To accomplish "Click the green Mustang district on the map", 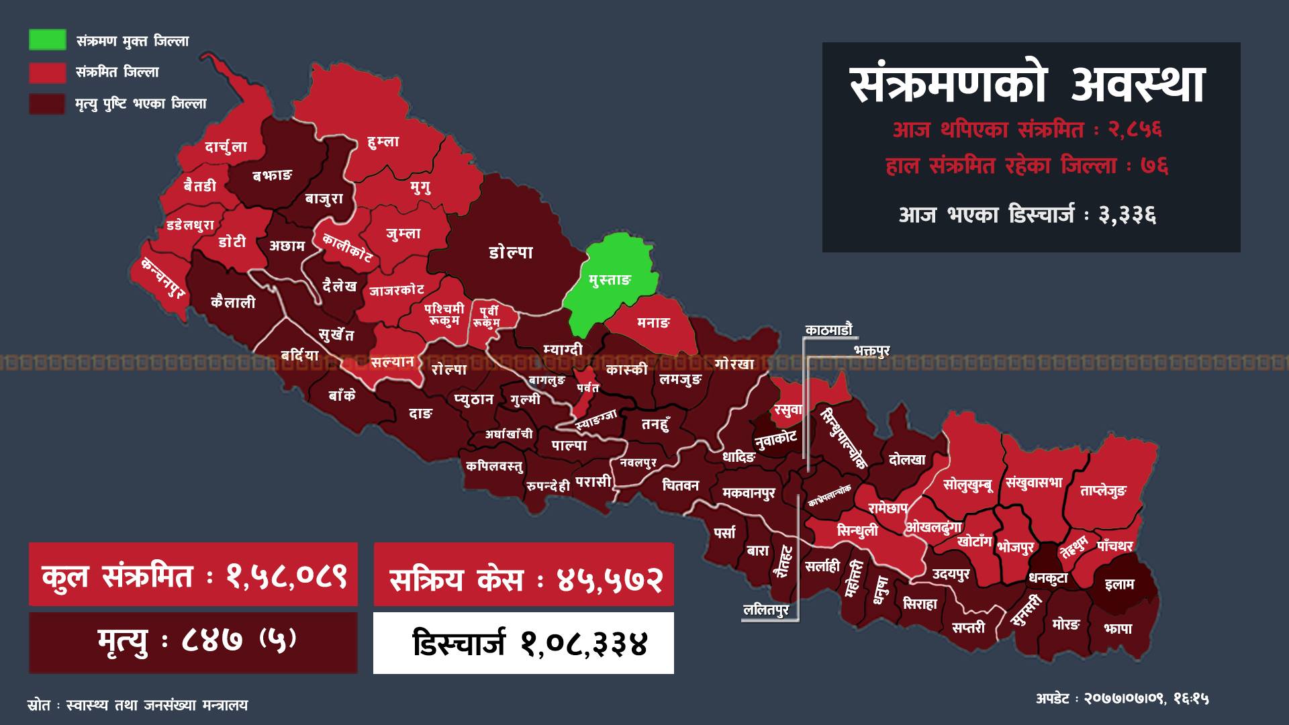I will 608,282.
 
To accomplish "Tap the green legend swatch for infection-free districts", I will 47,40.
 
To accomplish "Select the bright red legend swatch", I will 47,72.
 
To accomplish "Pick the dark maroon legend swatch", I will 47,103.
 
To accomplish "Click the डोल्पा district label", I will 511,252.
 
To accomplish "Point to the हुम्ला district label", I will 383,142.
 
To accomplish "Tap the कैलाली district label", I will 233,302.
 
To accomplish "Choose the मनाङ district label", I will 653,323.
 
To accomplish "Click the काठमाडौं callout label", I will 829,330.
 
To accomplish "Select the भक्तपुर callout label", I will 871,350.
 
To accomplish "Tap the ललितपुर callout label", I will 766,611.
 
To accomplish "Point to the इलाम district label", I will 1119,584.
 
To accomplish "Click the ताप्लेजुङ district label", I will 1103,491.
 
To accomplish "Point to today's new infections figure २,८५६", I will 1135,130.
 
